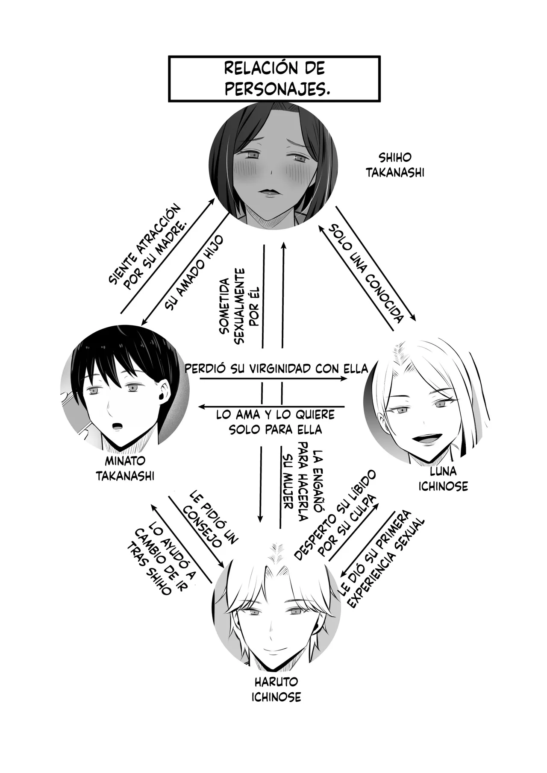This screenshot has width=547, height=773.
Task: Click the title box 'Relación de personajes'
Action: [x=274, y=79]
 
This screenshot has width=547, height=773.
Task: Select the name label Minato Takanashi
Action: [x=125, y=468]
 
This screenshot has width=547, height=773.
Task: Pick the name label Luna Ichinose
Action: [x=443, y=479]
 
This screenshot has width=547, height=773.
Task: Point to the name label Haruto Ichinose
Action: [x=276, y=689]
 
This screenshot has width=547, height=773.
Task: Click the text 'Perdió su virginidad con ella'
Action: [x=276, y=368]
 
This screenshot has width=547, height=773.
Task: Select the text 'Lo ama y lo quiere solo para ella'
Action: [x=275, y=422]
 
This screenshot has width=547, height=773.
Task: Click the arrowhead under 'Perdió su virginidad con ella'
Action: [x=345, y=378]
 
